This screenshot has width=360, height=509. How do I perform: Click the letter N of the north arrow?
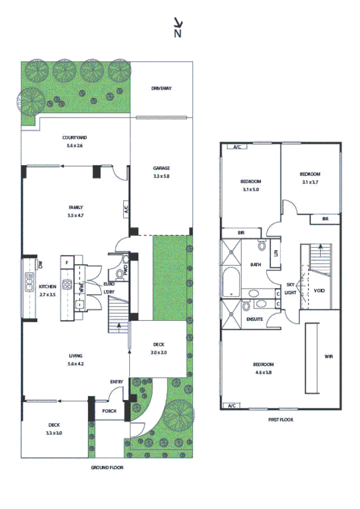click(x=178, y=33)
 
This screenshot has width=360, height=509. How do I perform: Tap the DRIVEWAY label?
click(x=161, y=88)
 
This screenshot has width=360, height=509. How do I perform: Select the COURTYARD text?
click(x=74, y=138)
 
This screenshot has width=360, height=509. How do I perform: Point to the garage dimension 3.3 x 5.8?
click(x=161, y=176)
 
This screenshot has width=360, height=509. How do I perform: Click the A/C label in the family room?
click(x=126, y=209)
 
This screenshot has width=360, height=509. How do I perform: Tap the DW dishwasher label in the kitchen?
click(x=41, y=265)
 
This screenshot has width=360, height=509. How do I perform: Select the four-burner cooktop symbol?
click(x=66, y=285)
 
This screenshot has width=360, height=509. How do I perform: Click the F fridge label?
click(x=67, y=262)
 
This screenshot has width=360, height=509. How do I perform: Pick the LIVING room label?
click(x=75, y=355)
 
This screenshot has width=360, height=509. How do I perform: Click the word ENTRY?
click(x=116, y=381)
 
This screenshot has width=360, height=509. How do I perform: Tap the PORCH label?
click(x=109, y=410)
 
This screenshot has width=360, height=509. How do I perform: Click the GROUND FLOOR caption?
click(x=107, y=468)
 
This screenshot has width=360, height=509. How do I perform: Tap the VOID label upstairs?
click(x=319, y=291)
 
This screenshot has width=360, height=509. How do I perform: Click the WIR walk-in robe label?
click(x=328, y=356)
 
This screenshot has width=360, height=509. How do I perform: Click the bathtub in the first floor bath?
click(x=231, y=281)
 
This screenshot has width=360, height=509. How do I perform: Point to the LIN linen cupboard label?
click(x=276, y=254)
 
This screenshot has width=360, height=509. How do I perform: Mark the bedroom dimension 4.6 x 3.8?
click(x=263, y=372)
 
